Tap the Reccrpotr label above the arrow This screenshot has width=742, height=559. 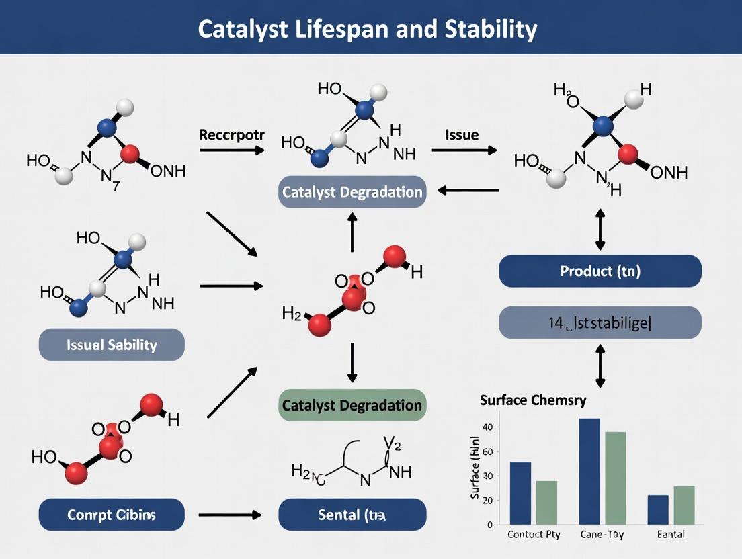tap(232, 134)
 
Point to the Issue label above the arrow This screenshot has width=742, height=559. tap(462, 134)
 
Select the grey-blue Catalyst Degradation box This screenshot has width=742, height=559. tap(352, 192)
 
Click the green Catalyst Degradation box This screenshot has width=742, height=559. tap(352, 405)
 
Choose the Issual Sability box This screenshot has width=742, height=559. tap(112, 345)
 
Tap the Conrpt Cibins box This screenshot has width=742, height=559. tap(112, 515)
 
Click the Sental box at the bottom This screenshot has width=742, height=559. tap(352, 515)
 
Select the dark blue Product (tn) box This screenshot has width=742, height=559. tap(600, 271)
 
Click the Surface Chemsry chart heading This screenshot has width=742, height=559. tap(533, 400)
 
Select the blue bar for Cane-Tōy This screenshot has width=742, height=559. tap(589, 471)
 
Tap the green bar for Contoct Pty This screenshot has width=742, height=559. tap(546, 503)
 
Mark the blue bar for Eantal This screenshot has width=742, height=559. tap(657, 510)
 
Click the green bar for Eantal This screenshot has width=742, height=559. tap(684, 505)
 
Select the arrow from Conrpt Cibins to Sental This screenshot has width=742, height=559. tap(230, 515)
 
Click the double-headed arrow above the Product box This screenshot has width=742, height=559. tap(600, 229)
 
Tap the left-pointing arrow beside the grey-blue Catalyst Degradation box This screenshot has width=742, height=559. tap(468, 191)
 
